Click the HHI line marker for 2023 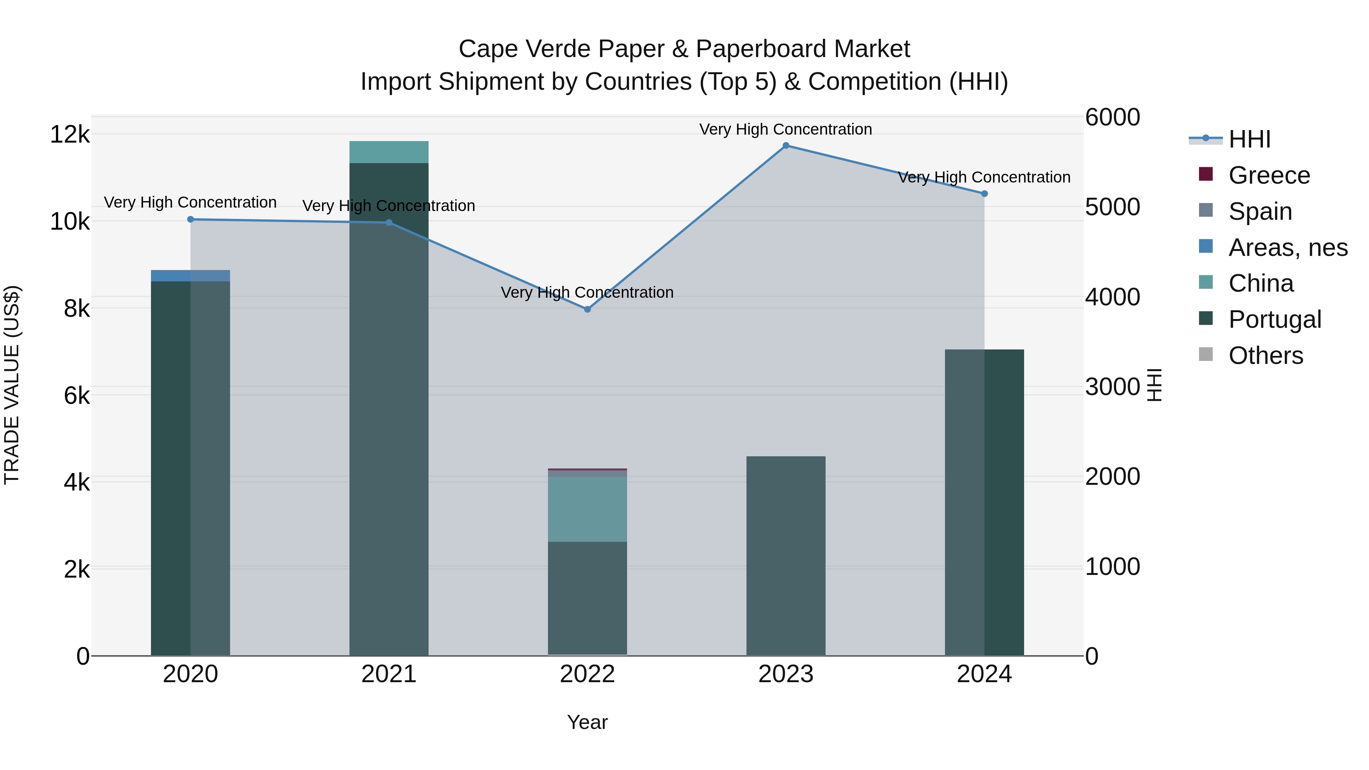[x=786, y=146]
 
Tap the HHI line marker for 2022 [x=587, y=309]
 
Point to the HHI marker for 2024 [x=984, y=194]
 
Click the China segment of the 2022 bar [x=587, y=509]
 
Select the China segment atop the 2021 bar [x=389, y=152]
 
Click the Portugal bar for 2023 [x=786, y=555]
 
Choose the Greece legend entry [x=1269, y=175]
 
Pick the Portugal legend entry [x=1274, y=319]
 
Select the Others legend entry [x=1265, y=356]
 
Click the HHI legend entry [x=1249, y=139]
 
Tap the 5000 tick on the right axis [x=1112, y=207]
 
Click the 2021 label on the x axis [x=389, y=674]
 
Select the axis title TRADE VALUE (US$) [x=12, y=385]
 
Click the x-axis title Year [x=587, y=722]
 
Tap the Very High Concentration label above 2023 [x=786, y=129]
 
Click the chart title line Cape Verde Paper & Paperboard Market [x=684, y=49]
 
